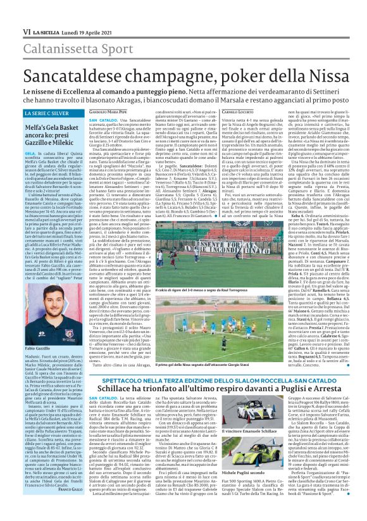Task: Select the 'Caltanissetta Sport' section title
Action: (61, 32)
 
